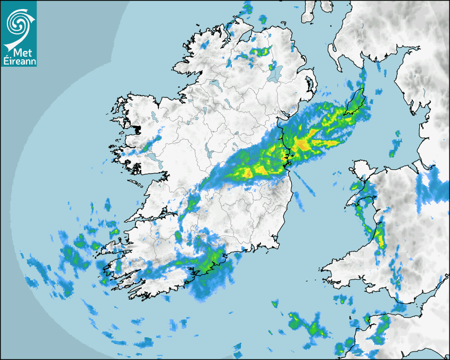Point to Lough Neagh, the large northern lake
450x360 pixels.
[275, 74]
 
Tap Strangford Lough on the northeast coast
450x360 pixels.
[309, 85]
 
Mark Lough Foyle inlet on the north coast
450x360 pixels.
[245, 38]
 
